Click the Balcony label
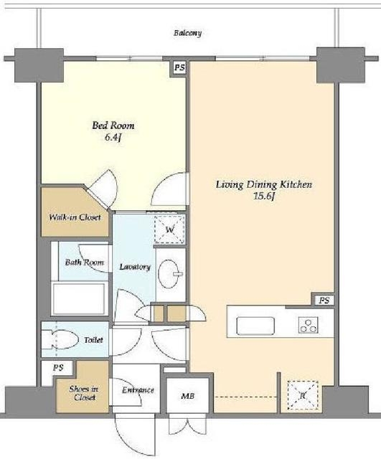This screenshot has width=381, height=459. (x=187, y=33)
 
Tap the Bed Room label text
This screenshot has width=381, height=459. (x=113, y=126)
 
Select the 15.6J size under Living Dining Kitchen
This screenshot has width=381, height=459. (x=264, y=196)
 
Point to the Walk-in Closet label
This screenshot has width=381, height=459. (x=75, y=217)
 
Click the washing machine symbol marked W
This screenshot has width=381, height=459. (x=170, y=229)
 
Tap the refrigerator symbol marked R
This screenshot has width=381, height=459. (x=303, y=395)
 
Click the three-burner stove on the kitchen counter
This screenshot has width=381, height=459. (x=308, y=325)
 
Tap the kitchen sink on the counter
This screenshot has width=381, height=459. (x=255, y=326)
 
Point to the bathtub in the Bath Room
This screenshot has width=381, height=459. (x=79, y=298)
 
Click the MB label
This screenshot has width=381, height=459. (x=188, y=396)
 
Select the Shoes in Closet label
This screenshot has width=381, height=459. (x=83, y=393)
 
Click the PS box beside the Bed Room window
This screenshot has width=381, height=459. (x=179, y=67)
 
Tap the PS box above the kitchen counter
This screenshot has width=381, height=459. (x=324, y=301)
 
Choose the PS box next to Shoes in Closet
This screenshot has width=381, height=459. (x=59, y=368)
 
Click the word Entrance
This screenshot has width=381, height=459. (x=138, y=390)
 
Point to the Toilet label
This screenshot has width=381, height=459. (x=93, y=340)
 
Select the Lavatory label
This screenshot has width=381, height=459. (x=135, y=267)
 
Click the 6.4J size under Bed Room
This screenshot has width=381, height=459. (x=113, y=138)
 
